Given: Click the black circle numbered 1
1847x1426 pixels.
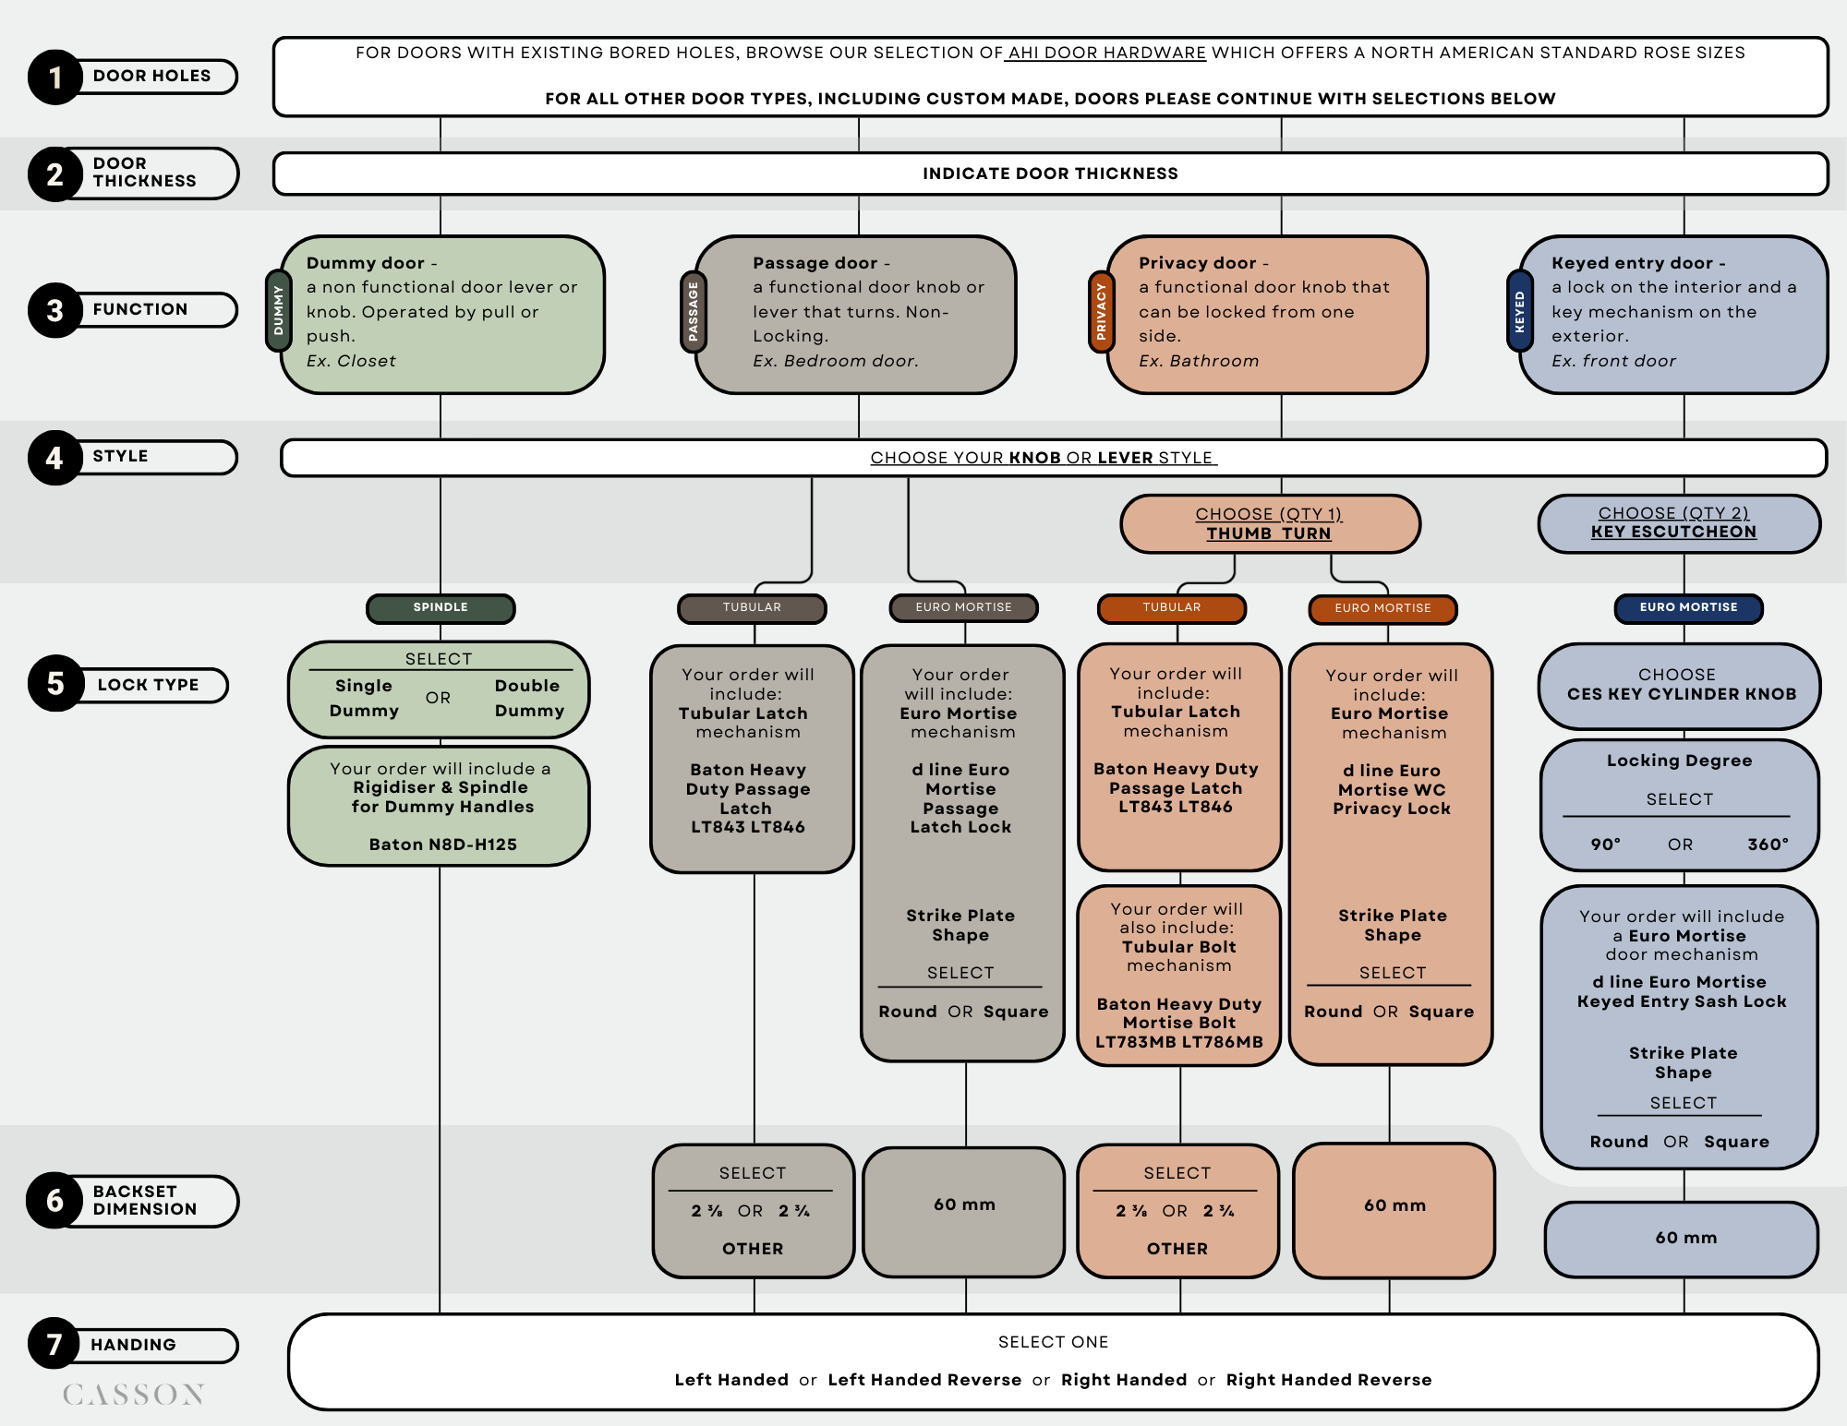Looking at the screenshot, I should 55,77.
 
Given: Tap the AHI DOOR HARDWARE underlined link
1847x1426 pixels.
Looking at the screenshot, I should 1106,53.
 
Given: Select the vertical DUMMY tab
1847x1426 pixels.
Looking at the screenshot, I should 278,310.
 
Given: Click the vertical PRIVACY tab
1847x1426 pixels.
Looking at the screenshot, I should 1101,311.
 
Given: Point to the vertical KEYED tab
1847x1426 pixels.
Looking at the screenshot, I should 1519,311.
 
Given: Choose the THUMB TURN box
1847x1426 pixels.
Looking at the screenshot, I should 1270,523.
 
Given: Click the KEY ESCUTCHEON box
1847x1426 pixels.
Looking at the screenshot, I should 1678,523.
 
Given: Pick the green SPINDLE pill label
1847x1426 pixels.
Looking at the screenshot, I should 441,607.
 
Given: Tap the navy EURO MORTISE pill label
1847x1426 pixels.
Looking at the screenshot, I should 1688,607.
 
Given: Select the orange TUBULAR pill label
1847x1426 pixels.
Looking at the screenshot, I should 1171,607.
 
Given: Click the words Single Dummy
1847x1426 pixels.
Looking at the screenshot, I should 364,698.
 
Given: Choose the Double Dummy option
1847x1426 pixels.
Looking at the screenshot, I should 528,698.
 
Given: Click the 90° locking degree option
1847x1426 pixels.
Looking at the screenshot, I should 1605,845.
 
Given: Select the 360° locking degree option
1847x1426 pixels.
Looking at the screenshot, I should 1768,845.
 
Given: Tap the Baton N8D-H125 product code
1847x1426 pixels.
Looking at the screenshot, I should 442,845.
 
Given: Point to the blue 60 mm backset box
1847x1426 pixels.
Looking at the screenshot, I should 1682,1239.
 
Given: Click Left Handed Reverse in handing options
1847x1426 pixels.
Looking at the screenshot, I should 924,1380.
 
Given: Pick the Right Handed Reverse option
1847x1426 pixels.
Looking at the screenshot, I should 1328,1380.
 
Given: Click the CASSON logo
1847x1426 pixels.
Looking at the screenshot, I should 134,1394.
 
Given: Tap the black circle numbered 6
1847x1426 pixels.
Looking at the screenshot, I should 55,1201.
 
